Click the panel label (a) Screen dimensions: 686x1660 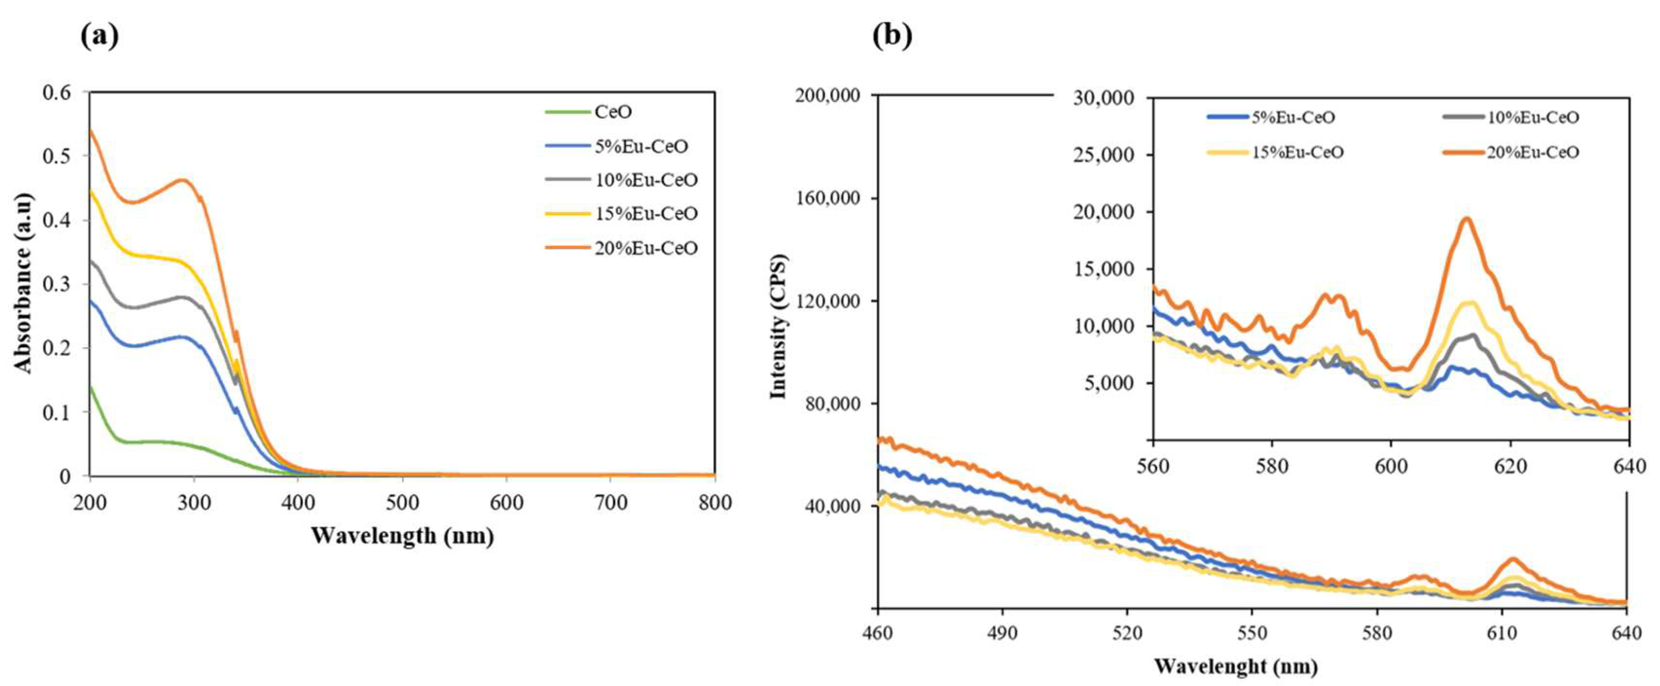tap(99, 37)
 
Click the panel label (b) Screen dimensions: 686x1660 tap(892, 37)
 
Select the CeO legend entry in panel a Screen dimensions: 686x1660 tap(613, 112)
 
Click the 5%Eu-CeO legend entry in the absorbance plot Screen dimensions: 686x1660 tap(641, 146)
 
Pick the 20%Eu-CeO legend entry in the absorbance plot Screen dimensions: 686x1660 tap(646, 248)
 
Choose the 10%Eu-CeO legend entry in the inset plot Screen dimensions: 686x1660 tap(1533, 117)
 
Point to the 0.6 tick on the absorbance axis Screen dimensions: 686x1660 tap(57, 93)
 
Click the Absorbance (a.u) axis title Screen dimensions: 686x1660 tap(23, 283)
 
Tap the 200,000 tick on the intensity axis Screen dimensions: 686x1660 tap(828, 96)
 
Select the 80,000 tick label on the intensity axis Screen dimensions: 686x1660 tap(831, 404)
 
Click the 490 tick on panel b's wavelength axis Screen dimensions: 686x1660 tap(1002, 633)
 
